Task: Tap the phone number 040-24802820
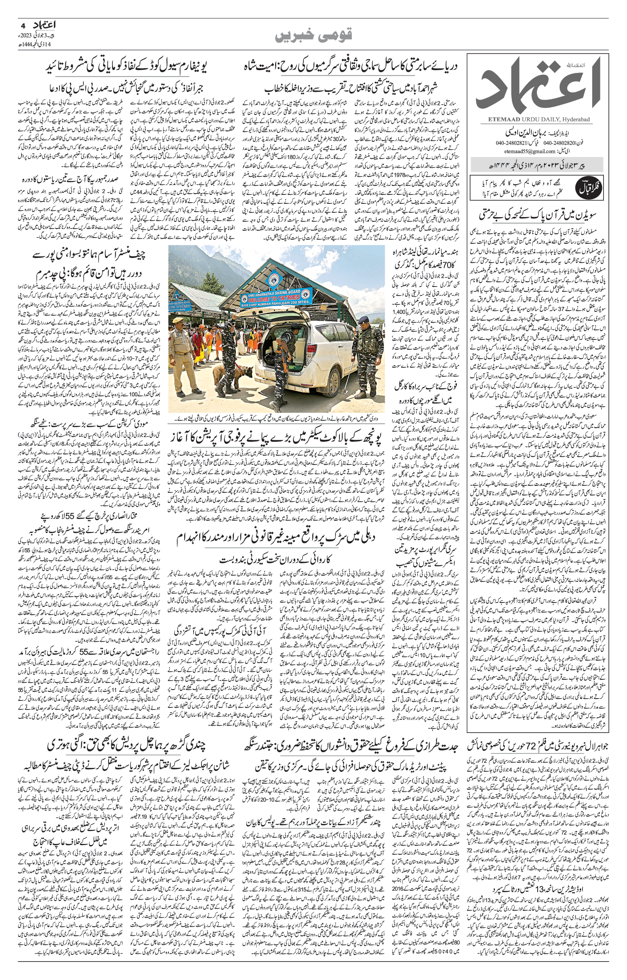coord(558,143)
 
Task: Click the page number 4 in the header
coord(23,26)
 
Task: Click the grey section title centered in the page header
coord(313,35)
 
